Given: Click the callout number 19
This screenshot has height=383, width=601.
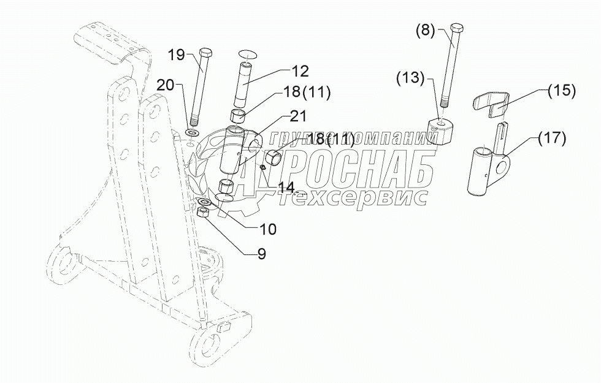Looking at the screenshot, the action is pyautogui.click(x=176, y=55).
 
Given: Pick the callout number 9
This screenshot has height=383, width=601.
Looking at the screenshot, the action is pyautogui.click(x=261, y=254).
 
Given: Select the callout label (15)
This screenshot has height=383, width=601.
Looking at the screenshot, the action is pyautogui.click(x=561, y=91).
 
